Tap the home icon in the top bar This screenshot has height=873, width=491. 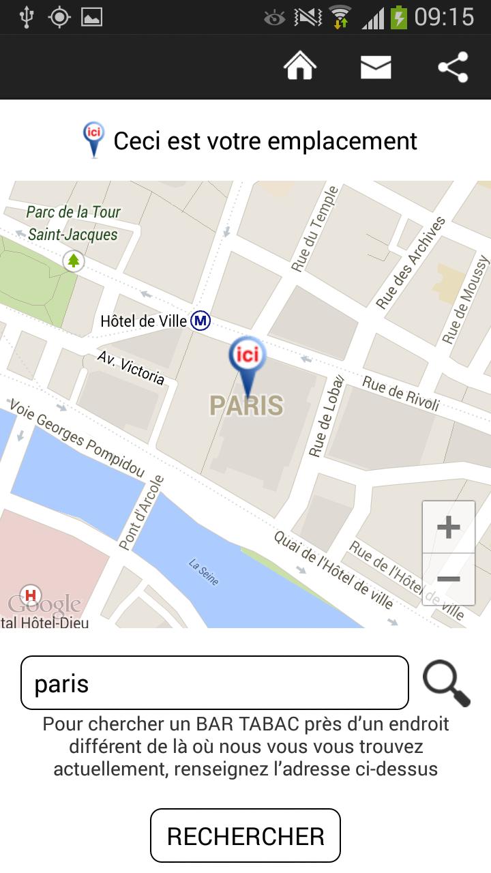coord(300,66)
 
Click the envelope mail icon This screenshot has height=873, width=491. coord(376,67)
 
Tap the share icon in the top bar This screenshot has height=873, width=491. coord(453,67)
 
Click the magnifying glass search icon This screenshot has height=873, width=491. coord(447,683)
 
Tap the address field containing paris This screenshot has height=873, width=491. coord(215,683)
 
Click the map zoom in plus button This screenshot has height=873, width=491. coord(448,527)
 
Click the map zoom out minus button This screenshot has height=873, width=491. coord(448,579)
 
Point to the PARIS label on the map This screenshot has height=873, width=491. coord(246,405)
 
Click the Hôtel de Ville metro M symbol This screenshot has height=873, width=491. coord(200,320)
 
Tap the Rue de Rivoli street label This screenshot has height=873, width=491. coord(401,393)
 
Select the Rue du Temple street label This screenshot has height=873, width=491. coord(314,229)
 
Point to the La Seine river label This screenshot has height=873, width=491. coord(204,572)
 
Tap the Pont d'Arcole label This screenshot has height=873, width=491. coord(142,512)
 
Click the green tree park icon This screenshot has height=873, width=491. coord(74,261)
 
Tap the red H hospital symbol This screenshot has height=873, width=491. coord(30,594)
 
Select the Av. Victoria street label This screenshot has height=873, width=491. coord(130,368)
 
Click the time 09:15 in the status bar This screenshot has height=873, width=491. coord(444,17)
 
